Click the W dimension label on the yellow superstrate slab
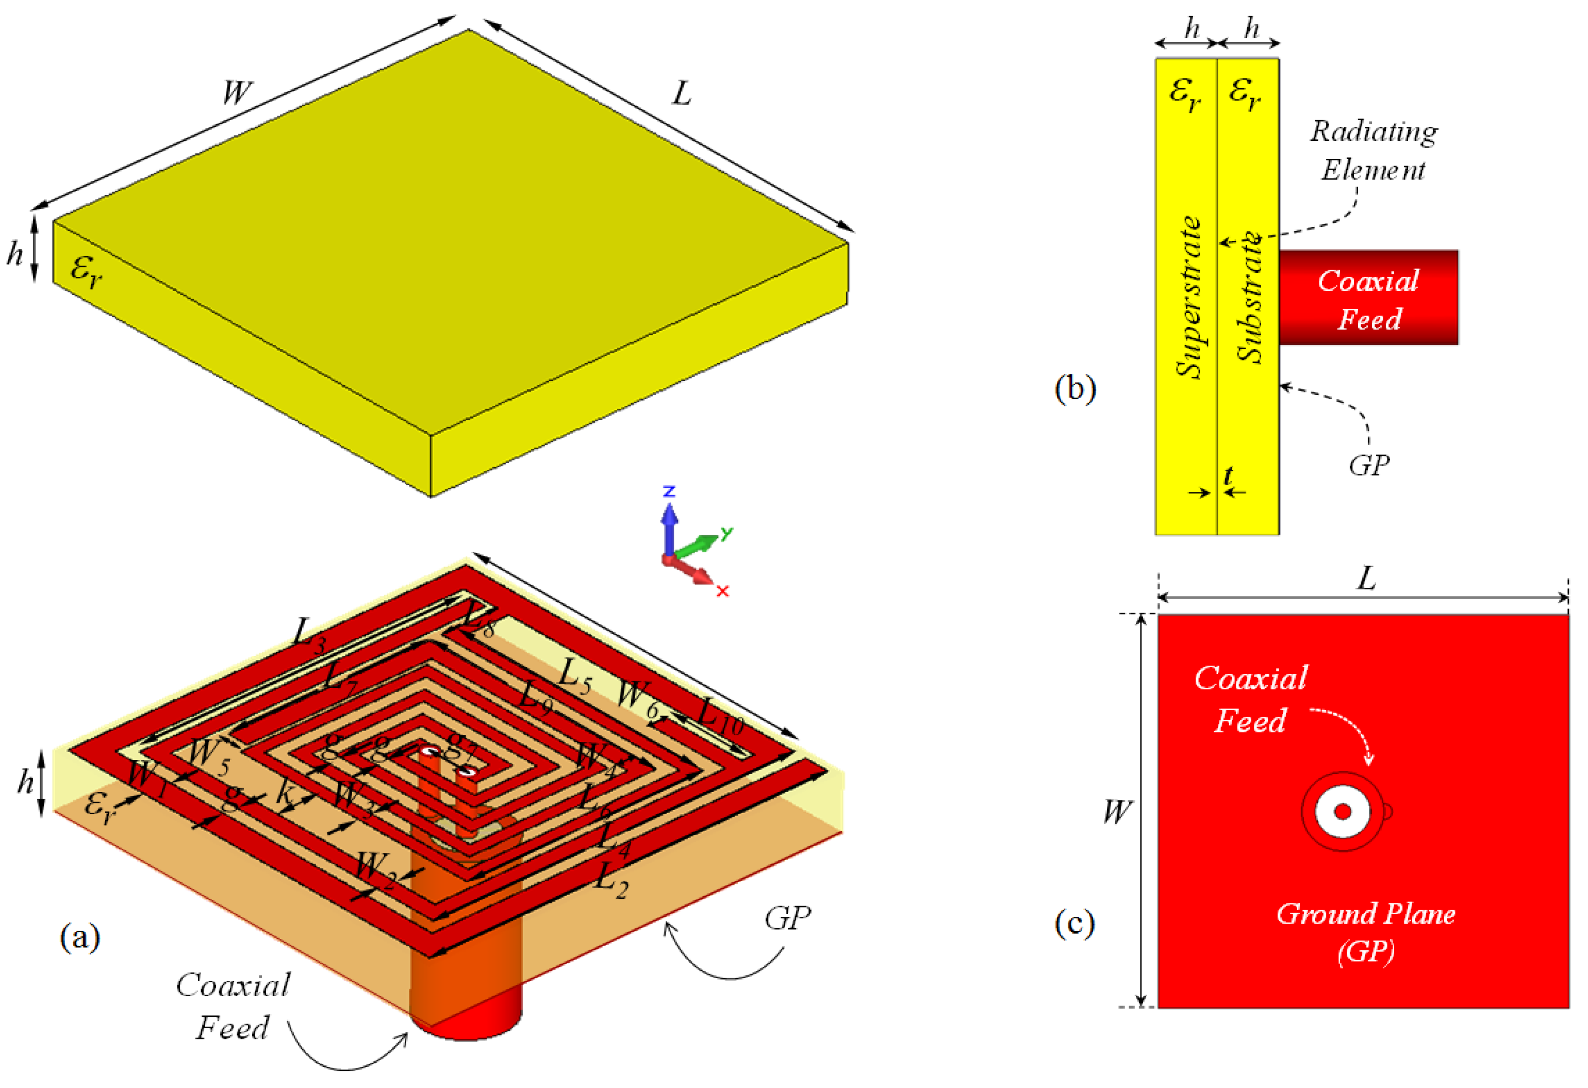(237, 92)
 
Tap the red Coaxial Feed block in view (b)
(1368, 298)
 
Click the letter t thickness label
(1228, 475)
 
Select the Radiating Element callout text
(1374, 151)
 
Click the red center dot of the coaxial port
(1343, 812)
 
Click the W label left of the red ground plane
(1118, 812)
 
